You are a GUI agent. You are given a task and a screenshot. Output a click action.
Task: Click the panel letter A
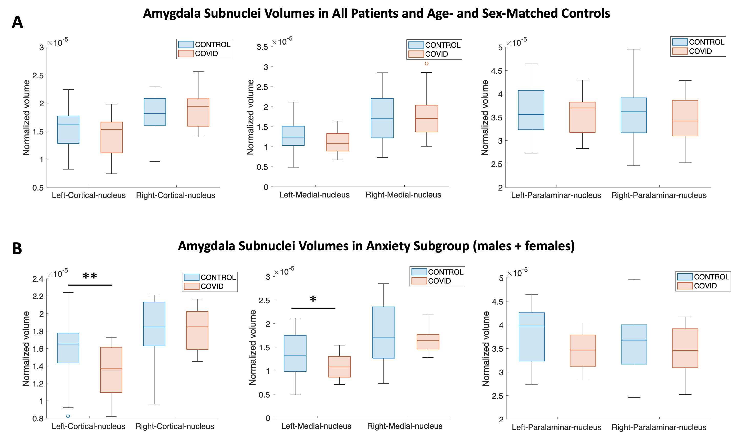pyautogui.click(x=17, y=23)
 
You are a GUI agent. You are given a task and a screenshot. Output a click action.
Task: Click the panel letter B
pyautogui.click(x=17, y=248)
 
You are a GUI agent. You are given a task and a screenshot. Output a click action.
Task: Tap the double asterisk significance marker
pyautogui.click(x=90, y=276)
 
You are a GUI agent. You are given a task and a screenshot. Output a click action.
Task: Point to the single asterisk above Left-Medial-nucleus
pyautogui.click(x=313, y=299)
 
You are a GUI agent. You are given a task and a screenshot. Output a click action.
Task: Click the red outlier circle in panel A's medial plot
pyautogui.click(x=426, y=63)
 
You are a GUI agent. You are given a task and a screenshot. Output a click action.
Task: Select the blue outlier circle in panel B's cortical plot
pyautogui.click(x=68, y=416)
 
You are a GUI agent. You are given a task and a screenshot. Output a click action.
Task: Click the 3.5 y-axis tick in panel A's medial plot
pyautogui.click(x=262, y=47)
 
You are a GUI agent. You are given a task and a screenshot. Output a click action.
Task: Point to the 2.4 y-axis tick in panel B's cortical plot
pyautogui.click(x=38, y=279)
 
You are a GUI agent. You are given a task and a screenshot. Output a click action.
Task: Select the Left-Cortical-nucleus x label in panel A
pyautogui.click(x=89, y=195)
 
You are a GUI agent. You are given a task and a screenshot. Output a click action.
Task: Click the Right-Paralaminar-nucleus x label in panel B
pyautogui.click(x=659, y=427)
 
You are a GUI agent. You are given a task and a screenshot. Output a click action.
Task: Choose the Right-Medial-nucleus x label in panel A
pyautogui.click(x=403, y=195)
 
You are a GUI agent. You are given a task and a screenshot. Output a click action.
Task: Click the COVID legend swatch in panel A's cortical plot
pyautogui.click(x=186, y=54)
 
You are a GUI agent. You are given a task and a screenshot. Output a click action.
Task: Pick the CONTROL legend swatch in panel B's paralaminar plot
pyautogui.click(x=685, y=277)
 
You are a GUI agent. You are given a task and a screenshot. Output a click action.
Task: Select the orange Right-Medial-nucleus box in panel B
pyautogui.click(x=428, y=342)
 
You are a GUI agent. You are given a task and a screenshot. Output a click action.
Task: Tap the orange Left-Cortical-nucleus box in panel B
pyautogui.click(x=111, y=370)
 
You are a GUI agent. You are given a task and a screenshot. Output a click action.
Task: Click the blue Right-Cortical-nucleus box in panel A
pyautogui.click(x=155, y=112)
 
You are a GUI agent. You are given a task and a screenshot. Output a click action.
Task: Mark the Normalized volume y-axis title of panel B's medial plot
pyautogui.click(x=252, y=347)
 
